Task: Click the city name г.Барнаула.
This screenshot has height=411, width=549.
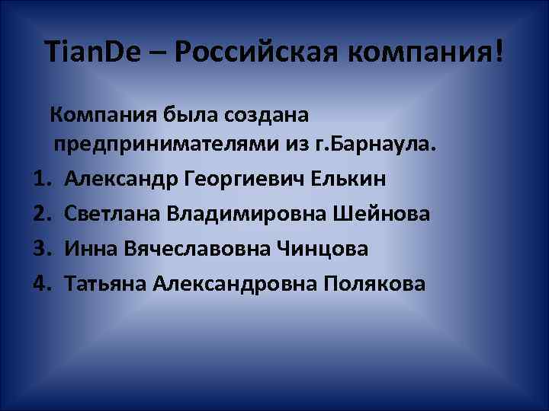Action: coord(385,144)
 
